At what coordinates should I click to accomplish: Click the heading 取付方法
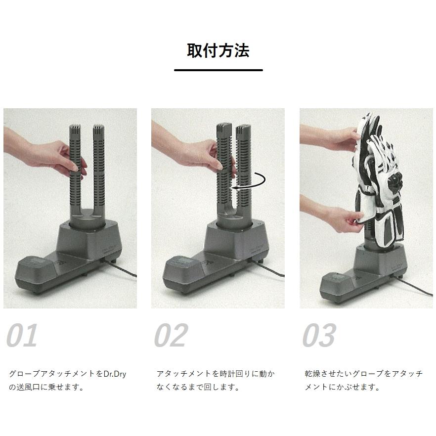tap(218, 50)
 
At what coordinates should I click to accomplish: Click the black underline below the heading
tap(218, 70)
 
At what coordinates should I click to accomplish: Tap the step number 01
tap(22, 336)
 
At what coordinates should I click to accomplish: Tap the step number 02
tap(171, 336)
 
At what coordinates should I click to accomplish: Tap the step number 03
tap(319, 336)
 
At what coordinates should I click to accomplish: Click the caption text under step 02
tap(215, 381)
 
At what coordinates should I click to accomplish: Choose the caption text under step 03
tap(363, 381)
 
